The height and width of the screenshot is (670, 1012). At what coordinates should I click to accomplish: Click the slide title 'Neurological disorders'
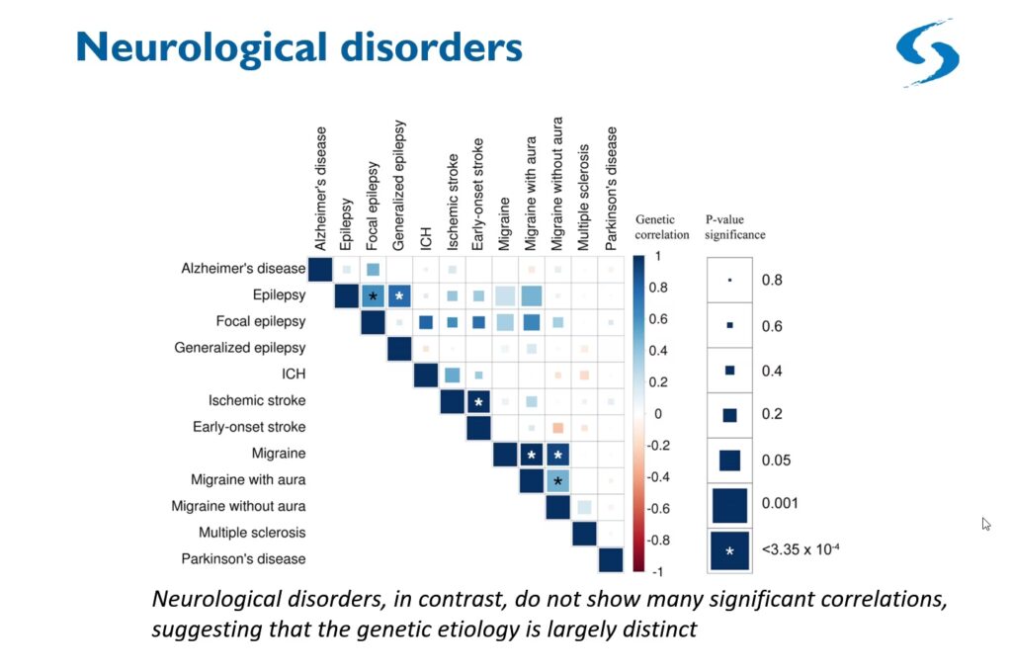coord(298,48)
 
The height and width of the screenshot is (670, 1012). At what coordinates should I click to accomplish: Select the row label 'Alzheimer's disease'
coord(243,269)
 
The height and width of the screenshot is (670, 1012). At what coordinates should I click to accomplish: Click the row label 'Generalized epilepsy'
coord(239,348)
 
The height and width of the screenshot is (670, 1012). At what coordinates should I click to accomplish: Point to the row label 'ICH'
coord(294,375)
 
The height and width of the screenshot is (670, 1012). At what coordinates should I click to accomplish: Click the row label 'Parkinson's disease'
coord(243,559)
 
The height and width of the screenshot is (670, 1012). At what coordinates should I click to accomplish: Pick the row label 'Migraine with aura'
coord(248,480)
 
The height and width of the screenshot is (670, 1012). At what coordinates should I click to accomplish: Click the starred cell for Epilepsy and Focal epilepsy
coord(373,295)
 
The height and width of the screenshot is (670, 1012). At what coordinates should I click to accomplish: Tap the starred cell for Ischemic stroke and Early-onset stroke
coord(478,401)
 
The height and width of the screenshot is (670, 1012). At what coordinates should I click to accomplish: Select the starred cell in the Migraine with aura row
coord(558,480)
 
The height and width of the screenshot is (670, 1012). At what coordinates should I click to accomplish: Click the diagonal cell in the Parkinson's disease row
coord(611,559)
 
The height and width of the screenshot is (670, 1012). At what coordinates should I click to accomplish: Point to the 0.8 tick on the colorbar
coord(657,287)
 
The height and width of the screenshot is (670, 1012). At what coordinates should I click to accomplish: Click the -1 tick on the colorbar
coord(655,572)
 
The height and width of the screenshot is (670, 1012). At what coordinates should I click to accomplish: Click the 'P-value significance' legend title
coord(735,228)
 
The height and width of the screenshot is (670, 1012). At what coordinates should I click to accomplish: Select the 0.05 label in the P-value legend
coord(775,461)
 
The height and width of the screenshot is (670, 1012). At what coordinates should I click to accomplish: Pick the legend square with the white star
coord(729,551)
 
